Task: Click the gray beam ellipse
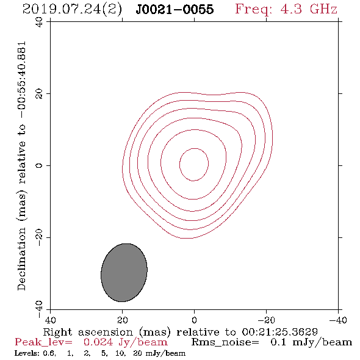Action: (x=124, y=273)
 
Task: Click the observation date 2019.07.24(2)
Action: (x=72, y=9)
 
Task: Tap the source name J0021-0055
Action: (x=175, y=9)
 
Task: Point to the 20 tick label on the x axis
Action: (x=123, y=320)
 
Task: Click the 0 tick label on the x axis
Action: (x=194, y=320)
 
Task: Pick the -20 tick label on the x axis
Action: (x=266, y=320)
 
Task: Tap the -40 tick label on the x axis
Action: (x=338, y=320)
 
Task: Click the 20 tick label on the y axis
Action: (x=39, y=94)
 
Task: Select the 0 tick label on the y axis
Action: (x=39, y=165)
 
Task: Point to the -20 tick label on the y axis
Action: (x=39, y=237)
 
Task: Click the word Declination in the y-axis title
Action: (x=21, y=259)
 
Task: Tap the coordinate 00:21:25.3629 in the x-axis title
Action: (x=279, y=332)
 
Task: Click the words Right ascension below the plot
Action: (x=88, y=332)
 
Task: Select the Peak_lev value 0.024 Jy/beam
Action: (x=125, y=342)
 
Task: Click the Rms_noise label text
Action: (x=225, y=342)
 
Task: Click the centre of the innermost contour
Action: (x=194, y=164)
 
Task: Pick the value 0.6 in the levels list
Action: (x=49, y=353)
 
